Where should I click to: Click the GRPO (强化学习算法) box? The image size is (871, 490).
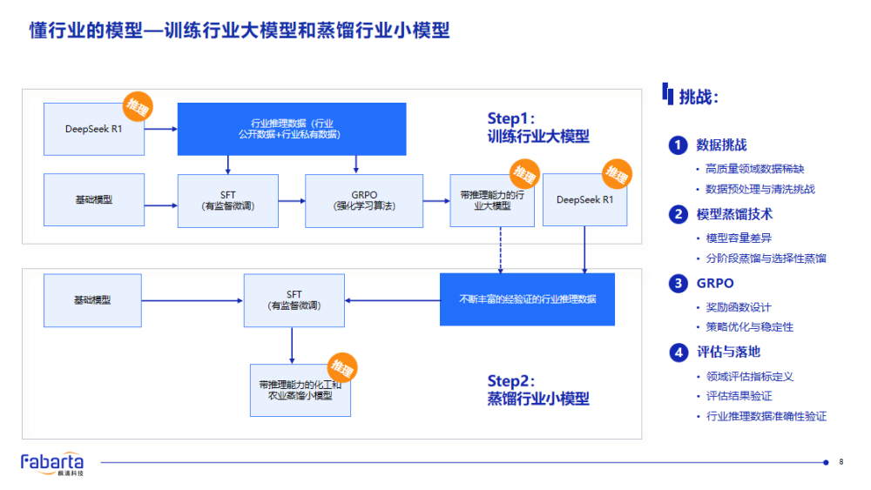[364, 201]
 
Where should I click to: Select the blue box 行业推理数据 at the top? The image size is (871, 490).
[292, 129]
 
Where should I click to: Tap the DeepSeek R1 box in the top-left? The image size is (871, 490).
[93, 129]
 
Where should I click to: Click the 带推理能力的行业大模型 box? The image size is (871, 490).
[492, 201]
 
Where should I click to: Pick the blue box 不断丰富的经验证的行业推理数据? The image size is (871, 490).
[527, 299]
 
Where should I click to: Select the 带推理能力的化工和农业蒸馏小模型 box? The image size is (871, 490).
[300, 390]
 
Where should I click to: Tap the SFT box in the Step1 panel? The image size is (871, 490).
[227, 201]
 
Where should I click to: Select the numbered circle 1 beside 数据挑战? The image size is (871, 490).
[678, 145]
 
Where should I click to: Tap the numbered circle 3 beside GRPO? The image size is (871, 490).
[678, 283]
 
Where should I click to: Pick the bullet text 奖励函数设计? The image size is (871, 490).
[739, 307]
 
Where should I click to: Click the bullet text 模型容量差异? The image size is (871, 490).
[739, 238]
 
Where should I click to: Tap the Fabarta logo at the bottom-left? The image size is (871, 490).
[52, 462]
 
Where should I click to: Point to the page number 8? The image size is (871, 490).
[841, 462]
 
